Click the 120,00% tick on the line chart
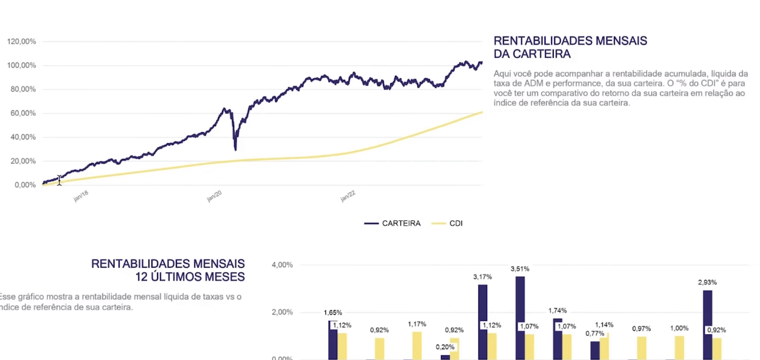[22, 42]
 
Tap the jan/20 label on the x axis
[215, 197]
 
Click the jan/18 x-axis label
[81, 197]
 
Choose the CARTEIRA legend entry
[393, 223]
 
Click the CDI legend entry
[447, 223]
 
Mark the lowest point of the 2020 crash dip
[235, 149]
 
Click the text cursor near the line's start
[59, 181]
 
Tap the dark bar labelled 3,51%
[520, 316]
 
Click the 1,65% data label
[333, 313]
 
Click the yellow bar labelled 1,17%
[417, 345]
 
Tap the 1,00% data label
[679, 328]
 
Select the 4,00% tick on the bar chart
[282, 265]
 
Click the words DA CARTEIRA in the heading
[532, 54]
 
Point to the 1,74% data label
[557, 311]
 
